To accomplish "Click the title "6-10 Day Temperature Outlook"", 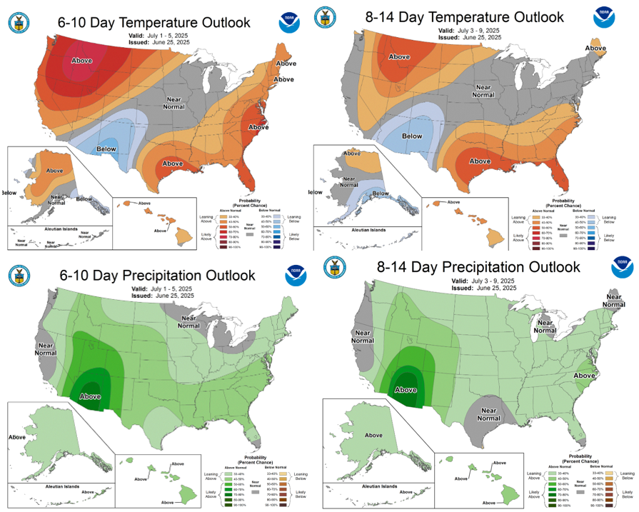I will (154, 23).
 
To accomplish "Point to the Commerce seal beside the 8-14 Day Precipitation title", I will (335, 268).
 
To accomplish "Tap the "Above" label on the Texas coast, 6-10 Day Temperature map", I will (173, 164).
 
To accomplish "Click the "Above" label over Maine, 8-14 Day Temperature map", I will (595, 48).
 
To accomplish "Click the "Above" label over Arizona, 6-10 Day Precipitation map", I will (91, 396).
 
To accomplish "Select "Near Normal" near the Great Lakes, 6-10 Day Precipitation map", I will (188, 323).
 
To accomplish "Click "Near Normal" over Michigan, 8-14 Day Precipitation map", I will (545, 326).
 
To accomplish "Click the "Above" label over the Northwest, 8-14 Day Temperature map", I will (399, 56).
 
